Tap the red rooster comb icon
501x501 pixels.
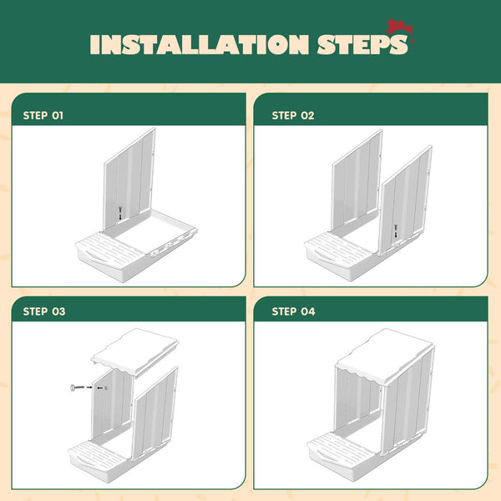pyautogui.click(x=401, y=28)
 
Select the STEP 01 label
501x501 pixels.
pyautogui.click(x=43, y=115)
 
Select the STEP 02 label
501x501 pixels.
pyautogui.click(x=293, y=115)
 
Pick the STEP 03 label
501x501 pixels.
pyautogui.click(x=44, y=311)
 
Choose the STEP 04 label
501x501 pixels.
pyautogui.click(x=293, y=311)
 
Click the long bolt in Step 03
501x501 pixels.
pyautogui.click(x=77, y=387)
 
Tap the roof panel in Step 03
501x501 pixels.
pyautogui.click(x=134, y=352)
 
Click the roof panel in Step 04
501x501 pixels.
pyautogui.click(x=384, y=357)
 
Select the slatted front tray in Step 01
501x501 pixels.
pyautogui.click(x=110, y=255)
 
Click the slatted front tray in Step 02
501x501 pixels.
pyautogui.click(x=339, y=255)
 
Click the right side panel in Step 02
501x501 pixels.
pyautogui.click(x=405, y=200)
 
